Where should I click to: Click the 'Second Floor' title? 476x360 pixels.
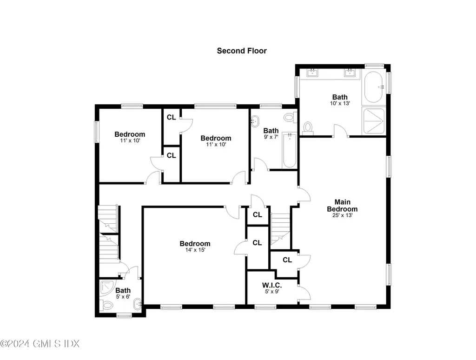242,51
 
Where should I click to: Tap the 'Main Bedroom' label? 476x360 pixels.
342,205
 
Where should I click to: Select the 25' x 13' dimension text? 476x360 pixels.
342,215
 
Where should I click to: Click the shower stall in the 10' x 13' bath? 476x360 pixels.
374,120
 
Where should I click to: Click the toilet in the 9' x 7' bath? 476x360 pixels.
289,116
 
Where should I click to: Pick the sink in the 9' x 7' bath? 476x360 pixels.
255,122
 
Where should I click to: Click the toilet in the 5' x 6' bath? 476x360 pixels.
107,306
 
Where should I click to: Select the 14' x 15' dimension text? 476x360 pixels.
195,250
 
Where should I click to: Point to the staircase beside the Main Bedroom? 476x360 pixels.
281,228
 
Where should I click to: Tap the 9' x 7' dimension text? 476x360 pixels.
271,137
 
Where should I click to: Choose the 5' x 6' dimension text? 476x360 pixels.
123,297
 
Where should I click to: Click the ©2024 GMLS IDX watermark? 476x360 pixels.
40,344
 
